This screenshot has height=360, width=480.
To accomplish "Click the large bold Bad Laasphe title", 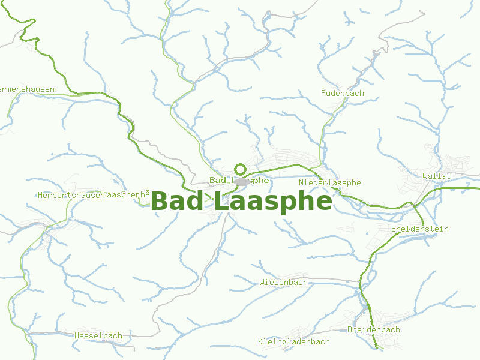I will (241, 202).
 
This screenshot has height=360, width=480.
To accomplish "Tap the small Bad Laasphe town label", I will (239, 180).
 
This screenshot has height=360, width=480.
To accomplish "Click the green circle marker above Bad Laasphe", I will (240, 169).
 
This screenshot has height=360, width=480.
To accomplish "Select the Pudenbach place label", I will (342, 93).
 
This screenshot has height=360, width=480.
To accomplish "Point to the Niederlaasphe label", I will (330, 182).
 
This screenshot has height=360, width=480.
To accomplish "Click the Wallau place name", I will (436, 175).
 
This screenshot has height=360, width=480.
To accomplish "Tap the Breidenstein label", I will (419, 229).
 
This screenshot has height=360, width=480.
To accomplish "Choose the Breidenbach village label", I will (373, 329).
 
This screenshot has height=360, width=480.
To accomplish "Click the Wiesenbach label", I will (283, 282).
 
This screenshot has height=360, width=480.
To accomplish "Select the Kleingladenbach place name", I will (294, 341).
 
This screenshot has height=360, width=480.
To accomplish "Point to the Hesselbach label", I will (98, 335).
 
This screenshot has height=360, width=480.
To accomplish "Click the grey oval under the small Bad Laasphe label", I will (241, 182).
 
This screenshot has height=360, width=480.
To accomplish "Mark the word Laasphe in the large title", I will (272, 202).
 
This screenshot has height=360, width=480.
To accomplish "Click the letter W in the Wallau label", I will (425, 175).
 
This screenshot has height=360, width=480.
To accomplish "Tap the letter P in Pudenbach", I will (323, 93).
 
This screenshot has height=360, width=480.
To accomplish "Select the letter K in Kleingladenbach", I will (261, 341).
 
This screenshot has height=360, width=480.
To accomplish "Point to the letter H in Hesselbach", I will (77, 335).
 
